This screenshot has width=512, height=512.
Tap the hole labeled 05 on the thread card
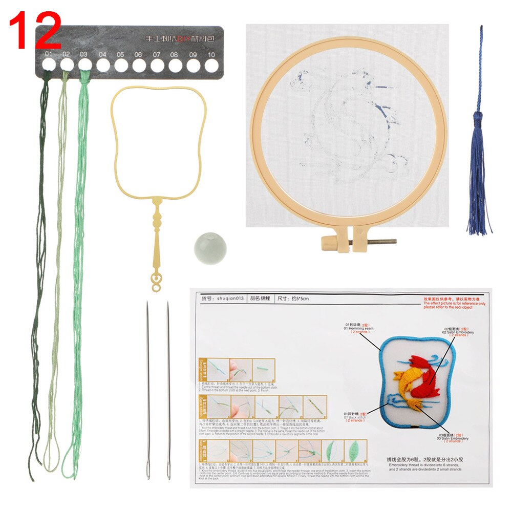click(x=121, y=65)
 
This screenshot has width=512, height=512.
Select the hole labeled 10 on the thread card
click(x=211, y=65)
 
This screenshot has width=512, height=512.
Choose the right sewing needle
click(x=168, y=389)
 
